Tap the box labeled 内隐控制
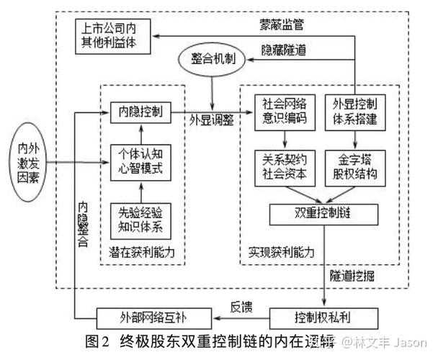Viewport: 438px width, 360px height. tap(140, 112)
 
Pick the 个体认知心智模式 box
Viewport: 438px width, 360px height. tap(140, 162)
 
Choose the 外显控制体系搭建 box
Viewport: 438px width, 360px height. tap(353, 112)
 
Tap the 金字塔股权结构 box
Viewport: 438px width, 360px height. tap(353, 166)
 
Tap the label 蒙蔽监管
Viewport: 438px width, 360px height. tap(282, 24)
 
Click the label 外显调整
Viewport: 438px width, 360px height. tap(210, 120)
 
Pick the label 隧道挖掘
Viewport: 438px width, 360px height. tap(352, 275)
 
